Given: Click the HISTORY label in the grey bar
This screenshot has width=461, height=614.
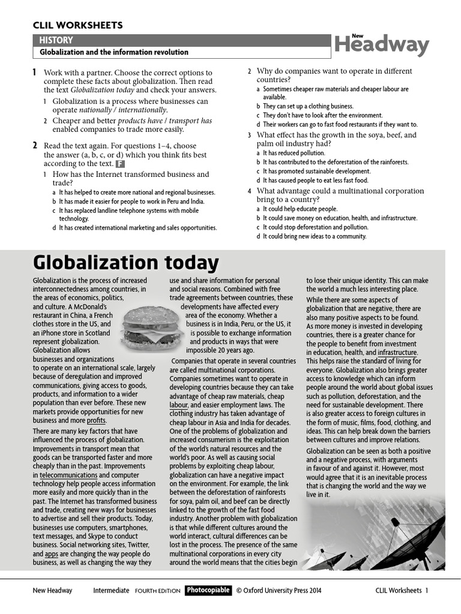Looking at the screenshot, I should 56,40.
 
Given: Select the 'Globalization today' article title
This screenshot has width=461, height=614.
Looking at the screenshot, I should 125,263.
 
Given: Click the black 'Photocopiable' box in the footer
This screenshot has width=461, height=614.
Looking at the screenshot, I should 208,591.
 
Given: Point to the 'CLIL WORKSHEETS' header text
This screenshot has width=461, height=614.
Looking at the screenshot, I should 77,25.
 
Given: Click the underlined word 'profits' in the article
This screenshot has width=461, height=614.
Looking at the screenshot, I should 95,420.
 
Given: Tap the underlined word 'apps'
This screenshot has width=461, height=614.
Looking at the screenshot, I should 52,555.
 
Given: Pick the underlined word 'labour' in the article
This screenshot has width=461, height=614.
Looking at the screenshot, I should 178,405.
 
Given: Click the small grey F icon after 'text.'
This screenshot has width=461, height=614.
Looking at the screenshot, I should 120,163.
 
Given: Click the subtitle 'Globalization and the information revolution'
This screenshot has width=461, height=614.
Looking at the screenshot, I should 114,52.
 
